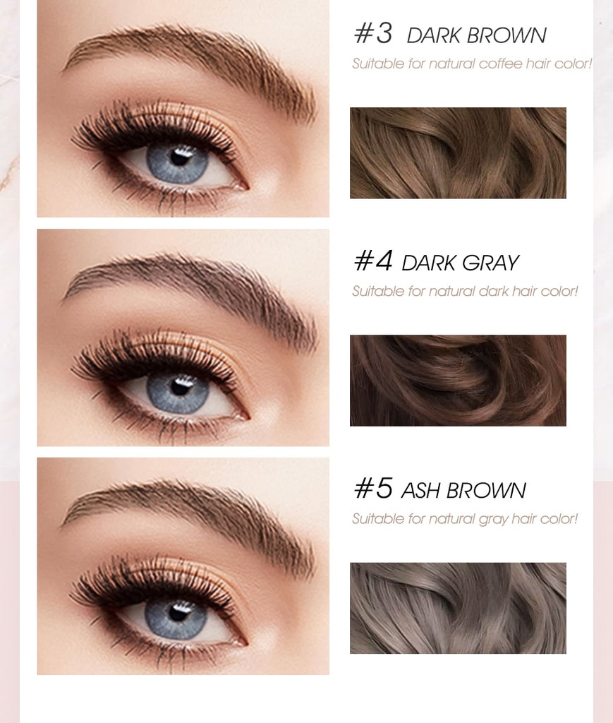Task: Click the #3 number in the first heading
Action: pyautogui.click(x=372, y=34)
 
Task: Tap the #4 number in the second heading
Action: pyautogui.click(x=372, y=261)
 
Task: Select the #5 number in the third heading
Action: pyautogui.click(x=372, y=489)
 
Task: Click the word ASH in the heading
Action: pyautogui.click(x=421, y=491)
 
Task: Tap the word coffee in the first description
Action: pyautogui.click(x=500, y=64)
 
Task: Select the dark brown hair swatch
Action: pyautogui.click(x=458, y=153)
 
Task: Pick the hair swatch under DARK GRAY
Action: pyautogui.click(x=458, y=381)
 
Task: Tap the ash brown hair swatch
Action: pyautogui.click(x=458, y=608)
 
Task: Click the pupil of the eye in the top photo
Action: pyautogui.click(x=180, y=157)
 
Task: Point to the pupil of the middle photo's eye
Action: pyautogui.click(x=180, y=386)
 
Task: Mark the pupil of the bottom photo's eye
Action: pyautogui.click(x=178, y=613)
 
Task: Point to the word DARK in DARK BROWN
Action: pyautogui.click(x=432, y=35)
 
